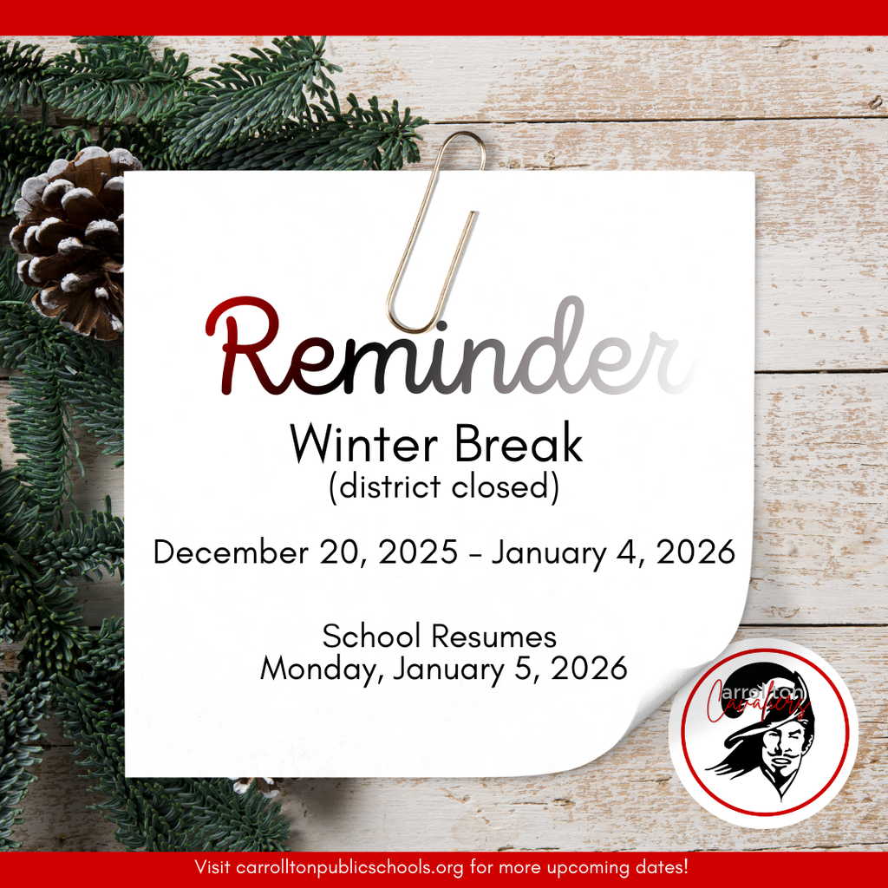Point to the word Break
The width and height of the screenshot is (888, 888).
pyautogui.click(x=518, y=445)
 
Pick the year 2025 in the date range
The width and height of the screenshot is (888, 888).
pyautogui.click(x=419, y=552)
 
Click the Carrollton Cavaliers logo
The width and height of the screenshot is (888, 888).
pyautogui.click(x=764, y=732)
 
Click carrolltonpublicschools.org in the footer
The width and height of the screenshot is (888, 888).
pyautogui.click(x=356, y=867)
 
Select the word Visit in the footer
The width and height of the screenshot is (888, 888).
pyautogui.click(x=213, y=867)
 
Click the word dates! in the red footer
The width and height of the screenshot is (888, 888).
pyautogui.click(x=667, y=867)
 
